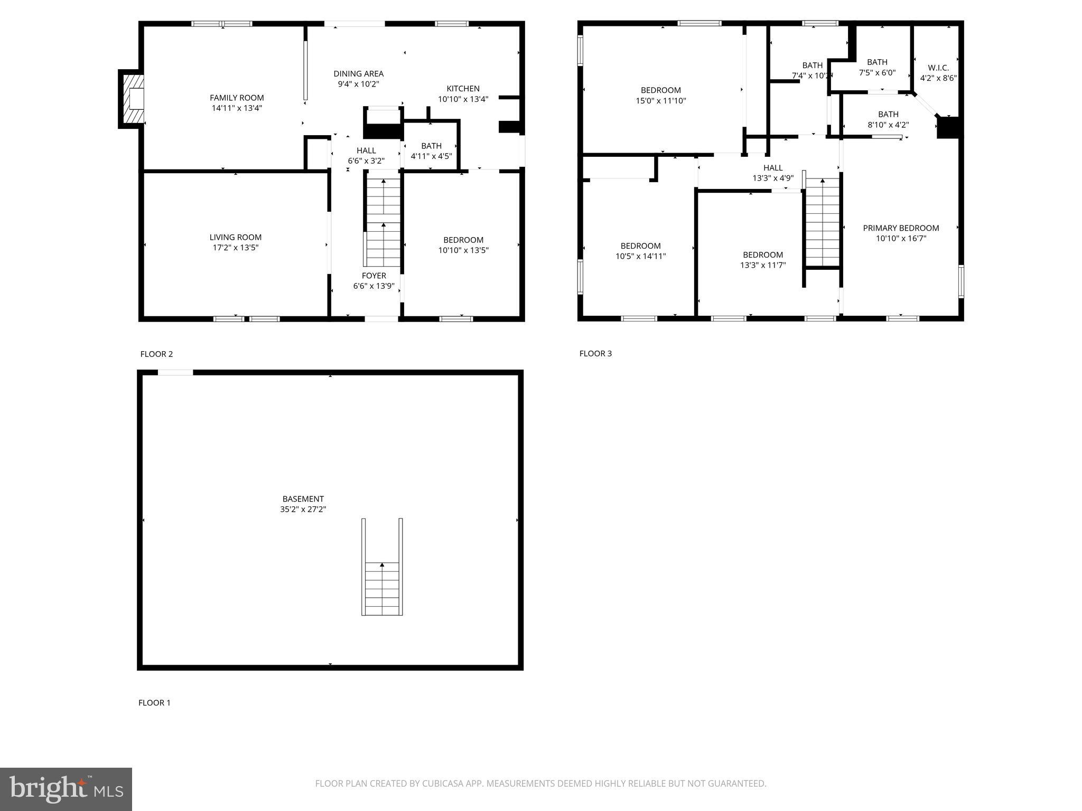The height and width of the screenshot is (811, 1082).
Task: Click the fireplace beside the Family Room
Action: [133, 99]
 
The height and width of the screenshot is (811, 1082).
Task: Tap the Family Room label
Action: [237, 98]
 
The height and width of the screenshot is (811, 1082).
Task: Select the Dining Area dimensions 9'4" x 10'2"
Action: [358, 84]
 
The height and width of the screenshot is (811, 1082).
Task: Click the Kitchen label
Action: [463, 89]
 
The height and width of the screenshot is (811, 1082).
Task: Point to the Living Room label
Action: [235, 238]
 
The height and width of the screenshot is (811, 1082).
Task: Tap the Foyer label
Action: [374, 276]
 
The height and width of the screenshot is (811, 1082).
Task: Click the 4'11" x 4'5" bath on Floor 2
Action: [431, 151]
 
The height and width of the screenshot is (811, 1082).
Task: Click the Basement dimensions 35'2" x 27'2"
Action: [303, 510]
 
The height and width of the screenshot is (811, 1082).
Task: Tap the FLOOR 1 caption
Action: [154, 703]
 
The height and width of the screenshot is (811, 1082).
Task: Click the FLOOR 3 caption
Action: [595, 354]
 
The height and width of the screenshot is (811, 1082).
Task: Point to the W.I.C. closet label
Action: [938, 68]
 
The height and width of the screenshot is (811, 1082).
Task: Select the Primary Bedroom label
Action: [901, 228]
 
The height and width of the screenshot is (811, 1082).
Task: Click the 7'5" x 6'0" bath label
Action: [877, 68]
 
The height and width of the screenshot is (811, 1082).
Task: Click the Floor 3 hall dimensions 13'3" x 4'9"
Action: [772, 178]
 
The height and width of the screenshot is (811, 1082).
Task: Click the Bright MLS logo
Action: [66, 789]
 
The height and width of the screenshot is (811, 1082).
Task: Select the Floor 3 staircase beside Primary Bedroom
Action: [822, 222]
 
